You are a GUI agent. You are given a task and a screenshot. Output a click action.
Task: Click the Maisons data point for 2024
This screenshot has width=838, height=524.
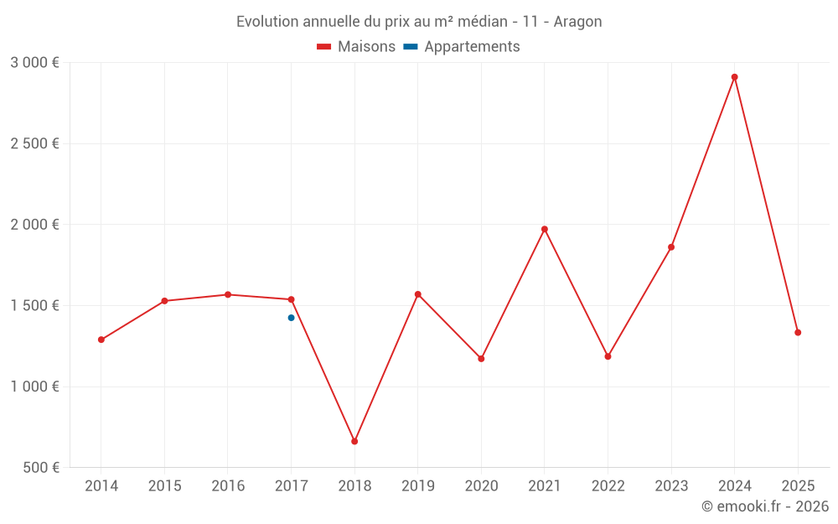[x=734, y=77]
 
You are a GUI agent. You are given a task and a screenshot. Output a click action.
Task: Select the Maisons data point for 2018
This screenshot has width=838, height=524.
[x=354, y=441]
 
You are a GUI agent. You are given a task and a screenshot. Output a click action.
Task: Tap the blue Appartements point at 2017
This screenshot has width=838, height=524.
[x=291, y=318]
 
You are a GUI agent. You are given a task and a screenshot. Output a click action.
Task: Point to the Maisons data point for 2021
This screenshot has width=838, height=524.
[x=545, y=229]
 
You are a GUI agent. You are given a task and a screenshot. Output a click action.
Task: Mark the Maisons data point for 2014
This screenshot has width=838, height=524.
[x=101, y=340]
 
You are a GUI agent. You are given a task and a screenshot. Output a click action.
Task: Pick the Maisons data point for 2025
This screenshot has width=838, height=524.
[x=798, y=333]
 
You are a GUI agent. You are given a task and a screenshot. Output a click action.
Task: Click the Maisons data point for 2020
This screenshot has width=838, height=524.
[x=481, y=359]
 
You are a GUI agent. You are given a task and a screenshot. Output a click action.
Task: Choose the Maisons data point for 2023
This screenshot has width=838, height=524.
[x=671, y=247]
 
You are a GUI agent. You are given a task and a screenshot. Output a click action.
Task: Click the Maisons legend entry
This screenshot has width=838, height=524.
[x=356, y=47]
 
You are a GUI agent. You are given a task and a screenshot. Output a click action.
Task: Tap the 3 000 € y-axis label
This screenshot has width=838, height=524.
[x=34, y=62]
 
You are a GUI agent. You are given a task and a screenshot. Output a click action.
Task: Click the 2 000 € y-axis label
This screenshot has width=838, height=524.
[x=34, y=225]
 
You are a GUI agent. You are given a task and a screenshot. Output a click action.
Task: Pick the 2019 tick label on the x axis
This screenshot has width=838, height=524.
[x=417, y=486]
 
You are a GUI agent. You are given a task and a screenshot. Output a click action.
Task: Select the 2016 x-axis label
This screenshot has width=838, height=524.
[x=228, y=486]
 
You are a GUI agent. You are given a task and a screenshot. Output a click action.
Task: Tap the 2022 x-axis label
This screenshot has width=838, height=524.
[x=608, y=486]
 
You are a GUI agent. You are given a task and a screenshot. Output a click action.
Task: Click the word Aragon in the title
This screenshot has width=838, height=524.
[x=577, y=22]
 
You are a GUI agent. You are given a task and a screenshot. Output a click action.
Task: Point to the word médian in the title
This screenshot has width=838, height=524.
[x=480, y=22]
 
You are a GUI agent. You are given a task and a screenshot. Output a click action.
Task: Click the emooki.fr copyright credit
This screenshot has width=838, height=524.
[x=765, y=506]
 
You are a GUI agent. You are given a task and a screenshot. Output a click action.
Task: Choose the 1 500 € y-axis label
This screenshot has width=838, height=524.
[x=34, y=305]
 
